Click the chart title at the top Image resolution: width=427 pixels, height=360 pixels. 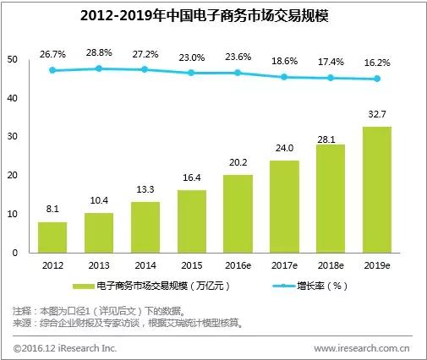[213, 15]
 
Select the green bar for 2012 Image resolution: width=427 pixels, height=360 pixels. [53, 237]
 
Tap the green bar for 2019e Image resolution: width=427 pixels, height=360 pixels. [377, 189]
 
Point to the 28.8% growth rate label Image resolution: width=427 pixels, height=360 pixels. [100, 52]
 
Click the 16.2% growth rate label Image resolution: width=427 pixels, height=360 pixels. [377, 62]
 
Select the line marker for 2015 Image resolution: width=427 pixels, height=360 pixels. [192, 74]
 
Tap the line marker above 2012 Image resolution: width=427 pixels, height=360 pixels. [53, 71]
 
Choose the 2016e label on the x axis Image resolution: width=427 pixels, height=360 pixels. [238, 265]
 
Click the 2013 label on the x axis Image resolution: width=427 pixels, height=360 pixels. [100, 265]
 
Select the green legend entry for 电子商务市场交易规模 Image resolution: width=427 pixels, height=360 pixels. [152, 287]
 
